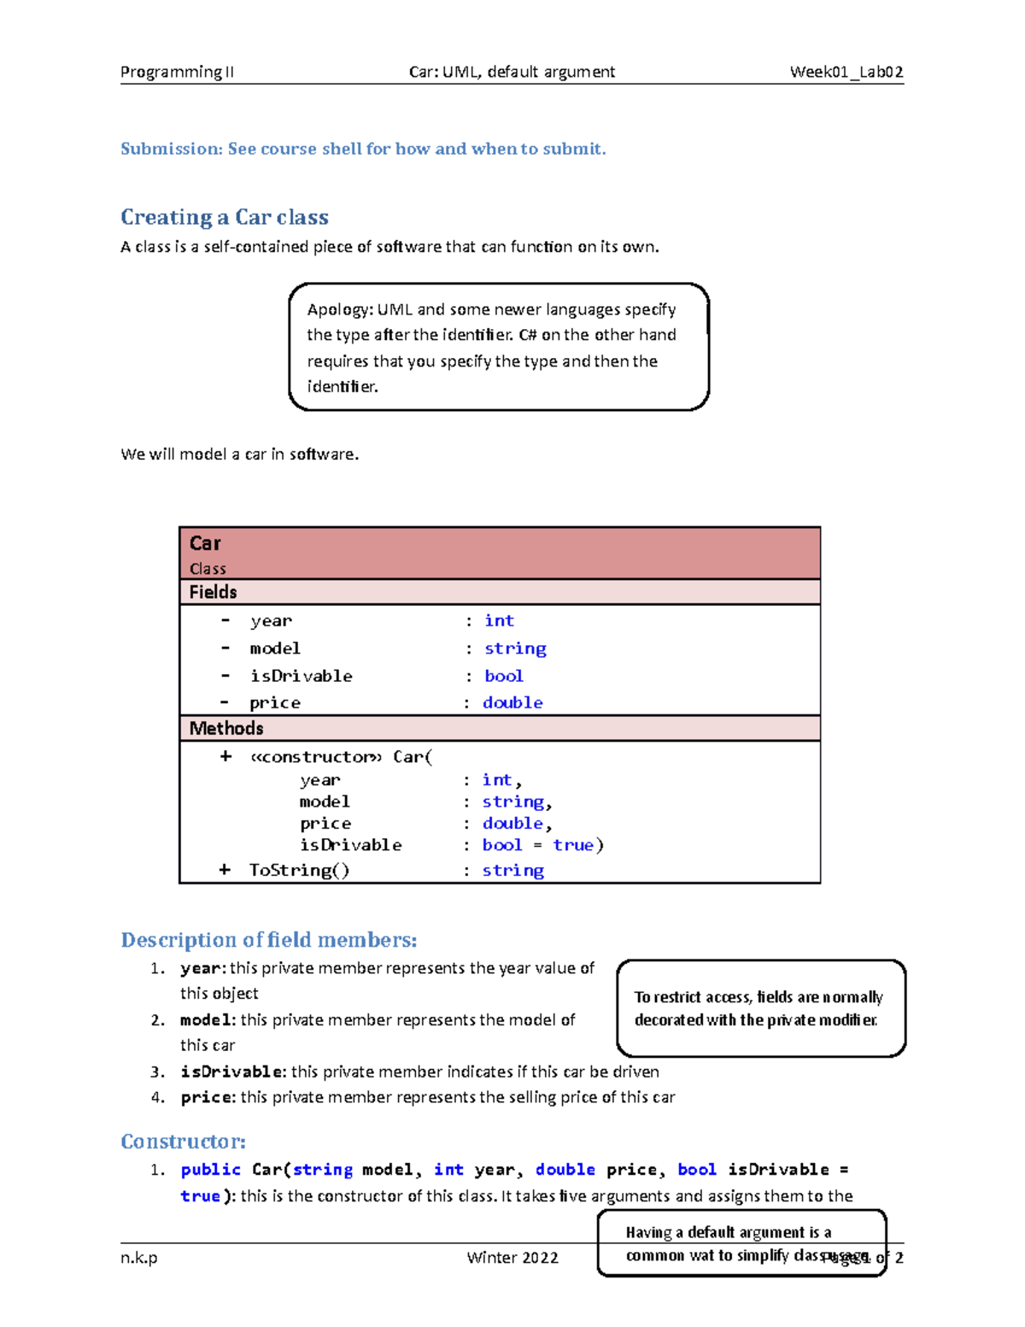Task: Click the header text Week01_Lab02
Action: coord(846,72)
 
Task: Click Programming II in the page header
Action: coord(177,72)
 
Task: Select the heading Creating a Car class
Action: coord(224,217)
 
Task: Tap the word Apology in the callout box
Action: coord(339,309)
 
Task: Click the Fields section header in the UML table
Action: coord(213,592)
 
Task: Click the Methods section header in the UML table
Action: coord(225,728)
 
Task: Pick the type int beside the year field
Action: coord(499,621)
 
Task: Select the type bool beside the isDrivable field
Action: coord(503,676)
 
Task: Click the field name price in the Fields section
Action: coord(274,702)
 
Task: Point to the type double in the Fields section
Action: coord(512,702)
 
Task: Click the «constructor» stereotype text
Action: coord(316,757)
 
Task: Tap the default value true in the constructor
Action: coord(573,845)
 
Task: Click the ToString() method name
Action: coord(299,870)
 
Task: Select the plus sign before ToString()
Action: coord(225,870)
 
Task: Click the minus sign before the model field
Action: coord(225,649)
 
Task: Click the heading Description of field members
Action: coord(268,940)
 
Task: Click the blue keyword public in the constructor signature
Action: coord(210,1170)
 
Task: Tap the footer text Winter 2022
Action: coord(512,1258)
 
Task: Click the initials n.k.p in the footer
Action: coord(138,1258)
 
